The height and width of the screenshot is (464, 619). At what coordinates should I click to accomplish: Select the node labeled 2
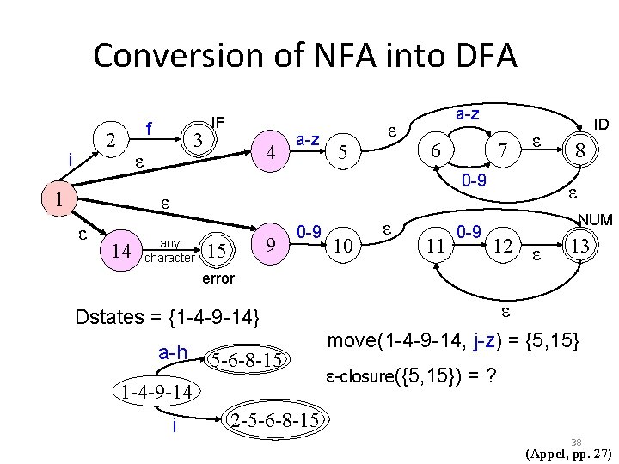[x=109, y=139]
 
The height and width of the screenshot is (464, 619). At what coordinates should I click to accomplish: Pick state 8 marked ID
[x=581, y=150]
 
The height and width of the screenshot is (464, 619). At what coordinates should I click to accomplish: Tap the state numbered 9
[x=272, y=246]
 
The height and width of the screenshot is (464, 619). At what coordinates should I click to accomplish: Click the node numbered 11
[x=436, y=247]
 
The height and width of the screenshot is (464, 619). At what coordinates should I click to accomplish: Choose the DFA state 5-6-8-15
[x=246, y=358]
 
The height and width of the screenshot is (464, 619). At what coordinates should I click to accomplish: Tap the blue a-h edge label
[x=174, y=352]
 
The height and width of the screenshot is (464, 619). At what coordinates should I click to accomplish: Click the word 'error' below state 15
[x=217, y=279]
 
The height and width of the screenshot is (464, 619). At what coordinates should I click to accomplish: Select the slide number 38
[x=576, y=442]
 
